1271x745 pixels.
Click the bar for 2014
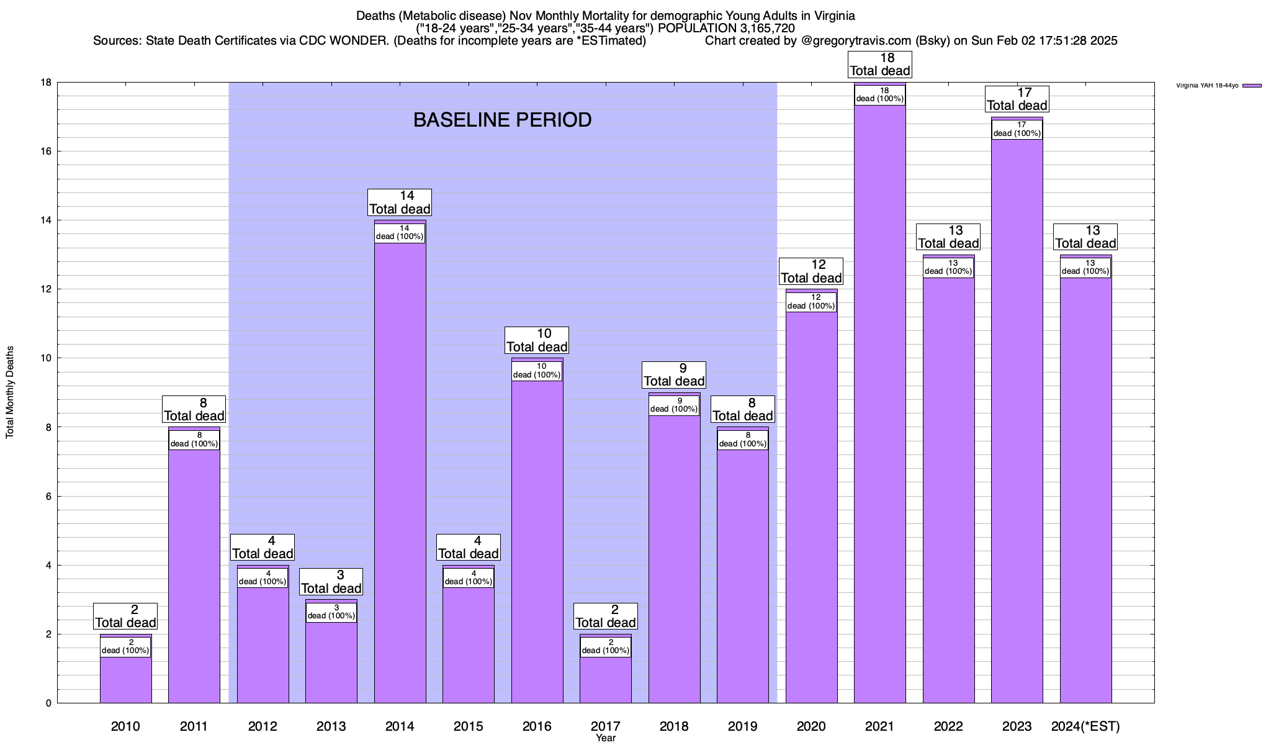click(400, 472)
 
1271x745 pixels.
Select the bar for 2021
click(879, 404)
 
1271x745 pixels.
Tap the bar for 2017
click(606, 680)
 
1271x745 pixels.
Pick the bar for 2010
click(125, 680)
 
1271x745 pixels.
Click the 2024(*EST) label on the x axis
click(1085, 726)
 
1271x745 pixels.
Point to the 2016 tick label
click(537, 726)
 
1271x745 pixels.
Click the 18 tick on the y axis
click(46, 83)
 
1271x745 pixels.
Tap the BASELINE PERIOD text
click(502, 120)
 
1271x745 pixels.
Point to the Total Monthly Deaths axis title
click(10, 392)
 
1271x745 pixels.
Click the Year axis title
click(605, 738)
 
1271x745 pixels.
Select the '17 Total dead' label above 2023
click(1017, 99)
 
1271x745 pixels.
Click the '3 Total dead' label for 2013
click(331, 582)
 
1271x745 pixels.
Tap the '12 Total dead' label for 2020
click(811, 271)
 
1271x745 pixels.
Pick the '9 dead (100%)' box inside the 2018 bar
click(674, 405)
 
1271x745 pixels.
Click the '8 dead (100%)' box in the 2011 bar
click(194, 440)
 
